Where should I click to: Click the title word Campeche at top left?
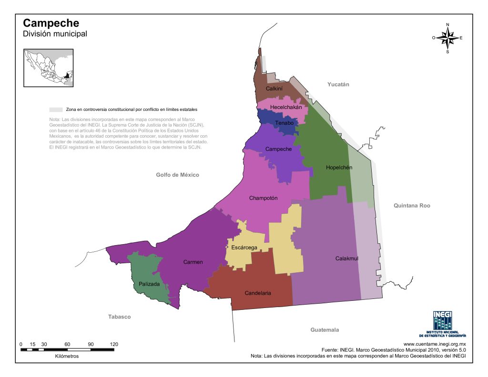pyautogui.click(x=51, y=23)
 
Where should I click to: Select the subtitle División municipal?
pyautogui.click(x=55, y=34)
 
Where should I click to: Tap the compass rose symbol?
pyautogui.click(x=447, y=38)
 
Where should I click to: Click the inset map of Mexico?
pyautogui.click(x=49, y=68)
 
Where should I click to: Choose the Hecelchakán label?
pyautogui.click(x=286, y=108)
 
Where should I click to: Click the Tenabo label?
pyautogui.click(x=284, y=123)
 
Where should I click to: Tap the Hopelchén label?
pyautogui.click(x=339, y=168)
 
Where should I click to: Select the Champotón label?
pyautogui.click(x=263, y=198)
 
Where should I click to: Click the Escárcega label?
pyautogui.click(x=244, y=248)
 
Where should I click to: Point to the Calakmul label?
pyautogui.click(x=346, y=258)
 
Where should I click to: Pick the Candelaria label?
pyautogui.click(x=258, y=293)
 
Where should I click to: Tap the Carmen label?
pyautogui.click(x=193, y=262)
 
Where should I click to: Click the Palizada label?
pyautogui.click(x=149, y=284)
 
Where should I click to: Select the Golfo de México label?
pyautogui.click(x=177, y=175)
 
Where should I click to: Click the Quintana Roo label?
pyautogui.click(x=412, y=206)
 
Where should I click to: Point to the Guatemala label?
pyautogui.click(x=325, y=330)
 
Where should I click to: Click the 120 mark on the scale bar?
pyautogui.click(x=114, y=344)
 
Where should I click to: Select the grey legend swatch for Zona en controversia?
pyautogui.click(x=56, y=109)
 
